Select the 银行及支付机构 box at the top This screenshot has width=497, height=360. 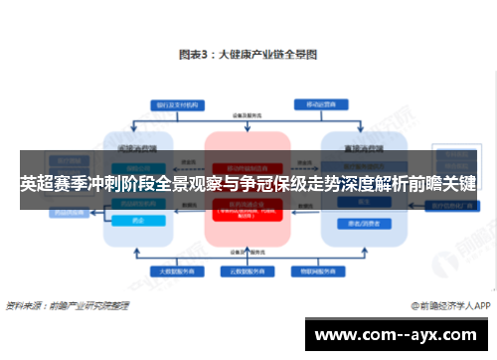pyautogui.click(x=174, y=103)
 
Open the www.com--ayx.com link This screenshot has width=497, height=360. pyautogui.click(x=398, y=334)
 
